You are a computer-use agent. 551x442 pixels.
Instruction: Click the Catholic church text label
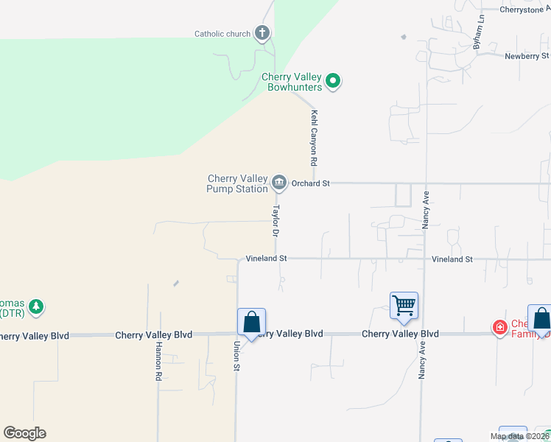pyautogui.click(x=222, y=34)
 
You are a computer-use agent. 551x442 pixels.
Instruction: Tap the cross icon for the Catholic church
pyautogui.click(x=262, y=33)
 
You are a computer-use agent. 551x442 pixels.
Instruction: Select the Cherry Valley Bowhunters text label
pyautogui.click(x=292, y=82)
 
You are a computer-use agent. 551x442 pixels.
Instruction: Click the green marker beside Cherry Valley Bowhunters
pyautogui.click(x=333, y=81)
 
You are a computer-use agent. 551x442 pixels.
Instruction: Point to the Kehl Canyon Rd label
pyautogui.click(x=314, y=138)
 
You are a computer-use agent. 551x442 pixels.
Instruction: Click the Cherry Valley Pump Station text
pyautogui.click(x=237, y=183)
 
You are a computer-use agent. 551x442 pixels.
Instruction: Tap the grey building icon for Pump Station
pyautogui.click(x=279, y=182)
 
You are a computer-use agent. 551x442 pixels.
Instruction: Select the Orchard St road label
pyautogui.click(x=310, y=183)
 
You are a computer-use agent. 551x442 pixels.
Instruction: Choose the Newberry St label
pyautogui.click(x=527, y=56)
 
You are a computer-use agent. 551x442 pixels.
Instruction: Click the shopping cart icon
pyautogui.click(x=404, y=305)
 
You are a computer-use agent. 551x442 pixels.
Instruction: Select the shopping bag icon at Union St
pyautogui.click(x=251, y=321)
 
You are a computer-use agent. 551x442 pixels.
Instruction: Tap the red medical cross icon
pyautogui.click(x=500, y=326)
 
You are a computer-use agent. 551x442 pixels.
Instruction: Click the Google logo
pyautogui.click(x=24, y=433)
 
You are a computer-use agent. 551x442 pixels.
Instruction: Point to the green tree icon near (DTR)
pyautogui.click(x=35, y=306)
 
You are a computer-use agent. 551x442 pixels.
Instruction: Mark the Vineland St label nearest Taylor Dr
pyautogui.click(x=266, y=259)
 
